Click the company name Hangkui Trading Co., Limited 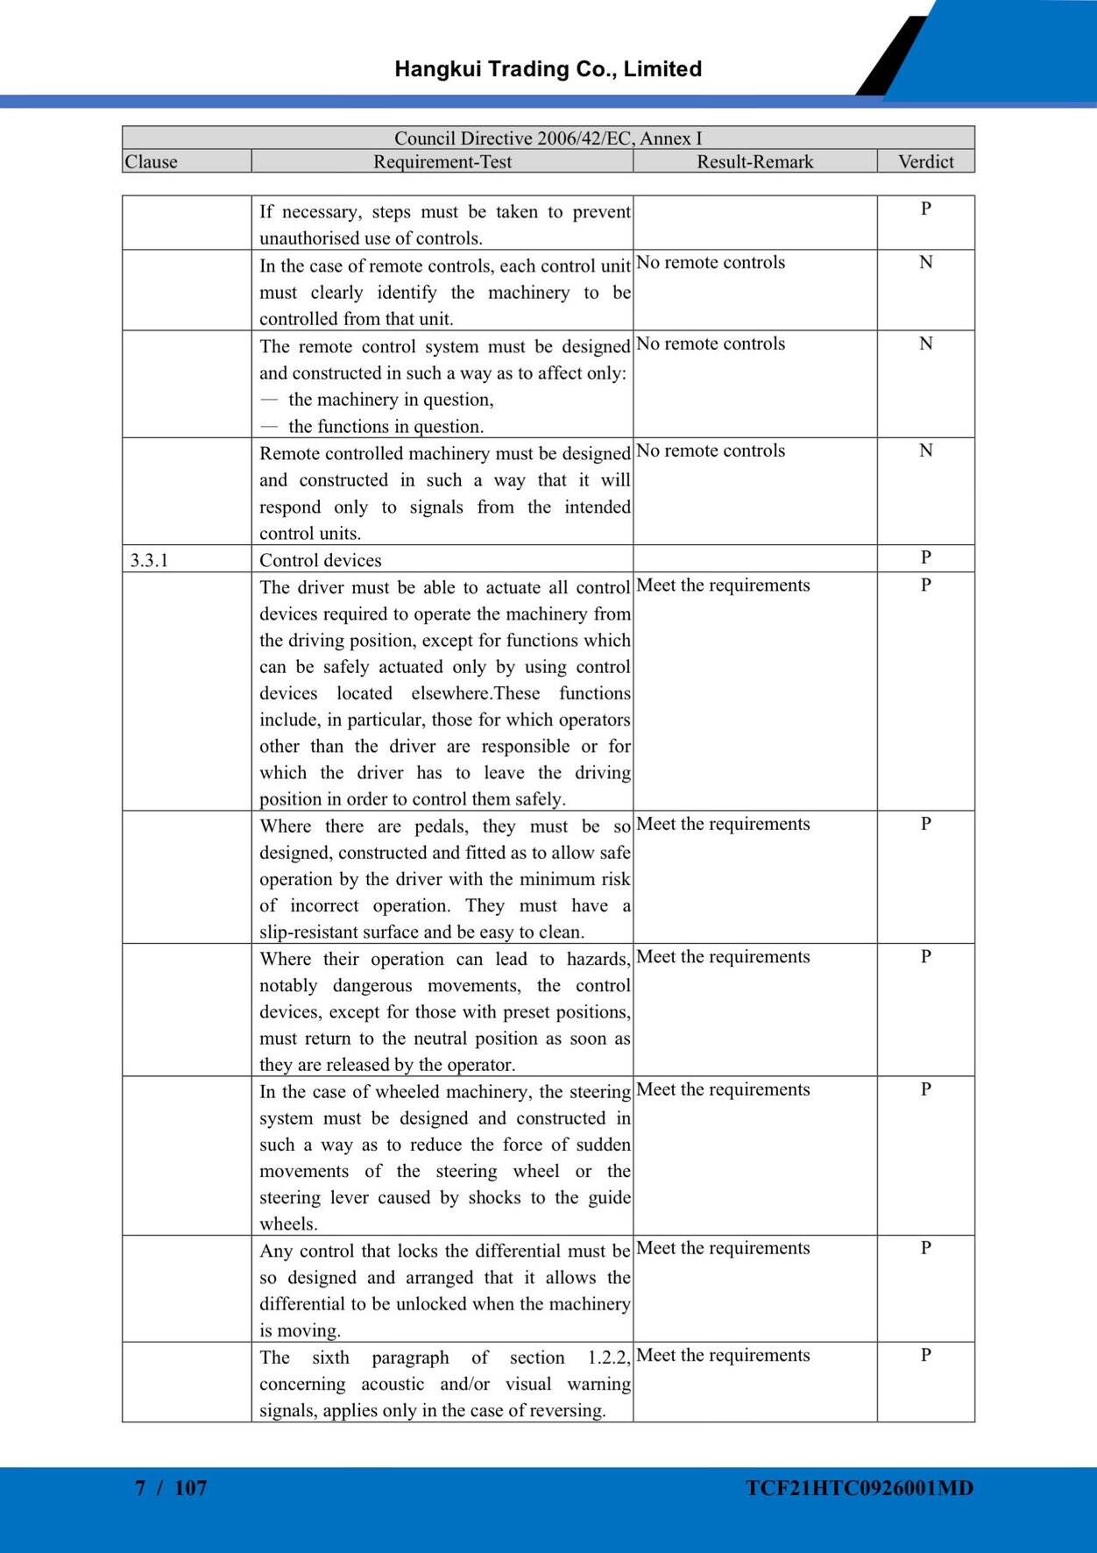548,69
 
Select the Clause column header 151,162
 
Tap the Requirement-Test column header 442,162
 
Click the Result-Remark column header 754,162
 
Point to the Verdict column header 925,162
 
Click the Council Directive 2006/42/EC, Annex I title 548,138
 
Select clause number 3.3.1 149,561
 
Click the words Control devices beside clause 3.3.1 320,561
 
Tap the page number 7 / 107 171,1487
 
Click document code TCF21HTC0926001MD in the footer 860,1487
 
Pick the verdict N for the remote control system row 925,344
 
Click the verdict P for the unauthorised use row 925,209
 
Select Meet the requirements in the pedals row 723,824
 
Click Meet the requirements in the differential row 723,1248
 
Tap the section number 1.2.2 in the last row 608,1358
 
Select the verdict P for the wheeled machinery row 925,1089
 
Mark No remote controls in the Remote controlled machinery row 711,450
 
